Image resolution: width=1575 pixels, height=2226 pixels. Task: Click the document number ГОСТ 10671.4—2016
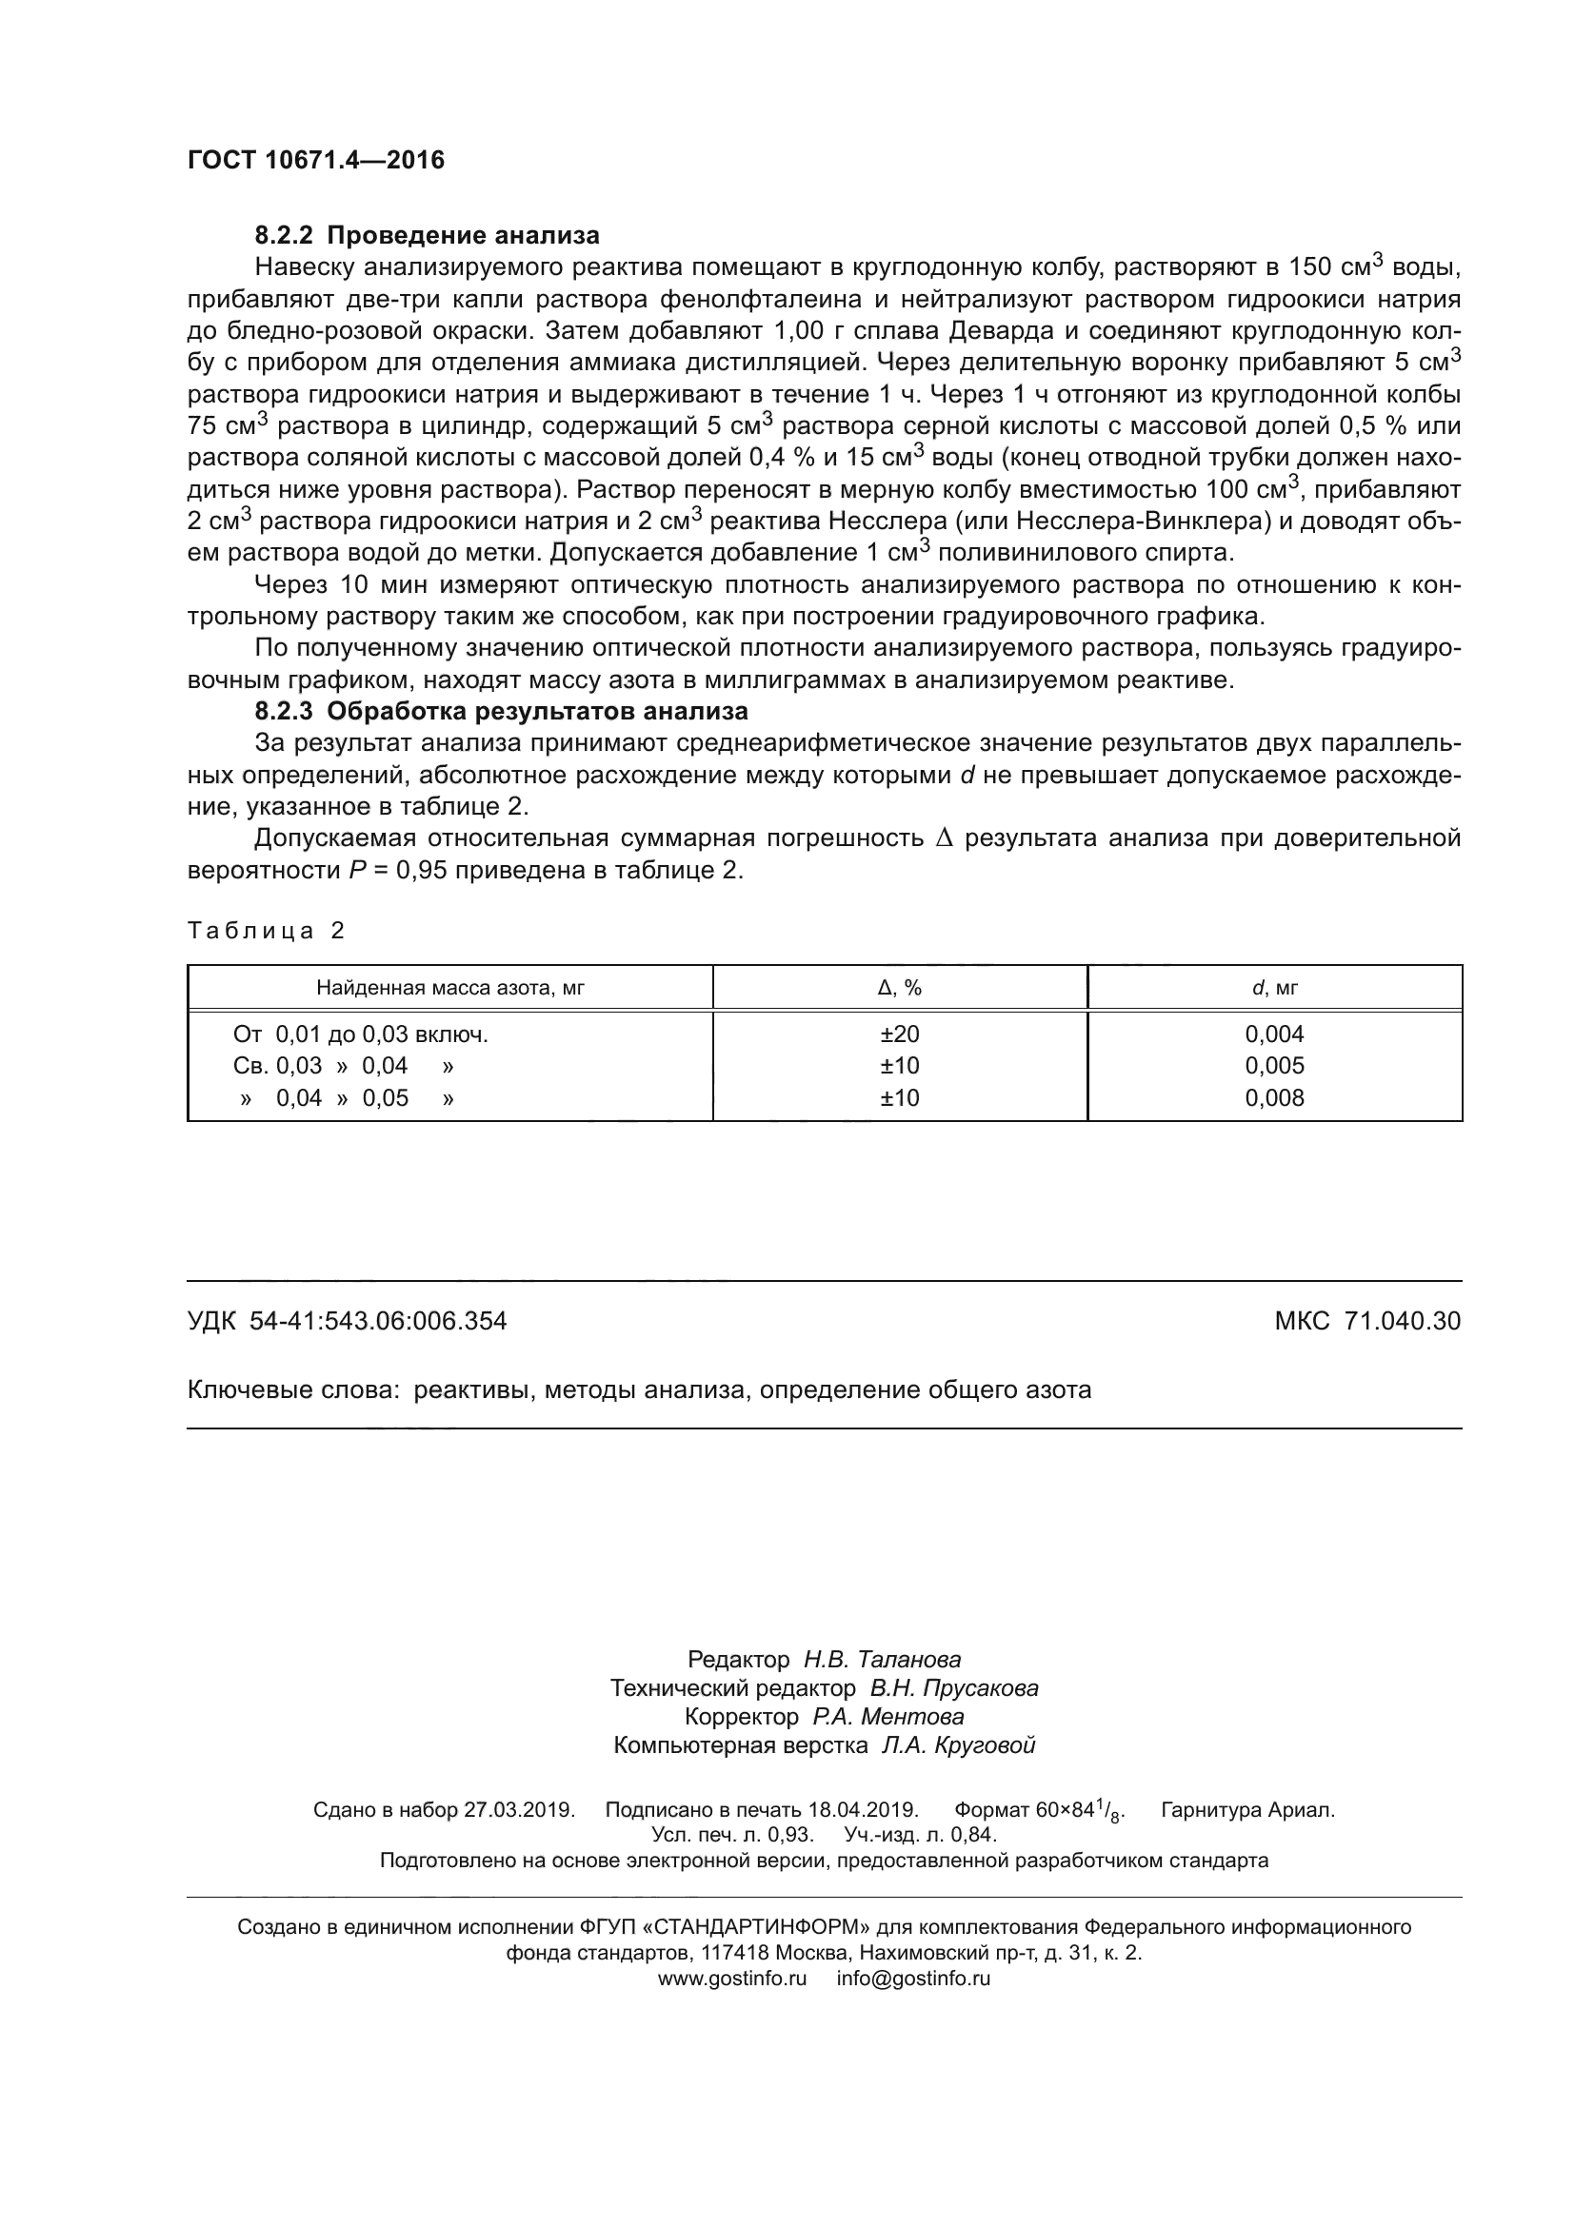pos(315,160)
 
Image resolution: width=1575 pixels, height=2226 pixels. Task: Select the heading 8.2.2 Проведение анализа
pos(427,236)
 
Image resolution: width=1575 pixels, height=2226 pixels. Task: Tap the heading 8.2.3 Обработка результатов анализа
pos(502,712)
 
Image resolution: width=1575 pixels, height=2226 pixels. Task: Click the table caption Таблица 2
pos(266,931)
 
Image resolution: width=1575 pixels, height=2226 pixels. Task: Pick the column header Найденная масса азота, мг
pos(450,988)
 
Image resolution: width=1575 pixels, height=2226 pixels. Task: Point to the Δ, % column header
pos(899,988)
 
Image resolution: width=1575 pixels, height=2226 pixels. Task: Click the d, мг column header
pos(1274,988)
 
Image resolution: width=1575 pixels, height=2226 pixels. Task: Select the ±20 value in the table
pos(899,1034)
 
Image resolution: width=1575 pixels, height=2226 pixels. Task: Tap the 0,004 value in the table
pos(1274,1034)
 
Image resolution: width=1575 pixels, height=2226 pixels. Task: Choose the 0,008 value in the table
pos(1274,1098)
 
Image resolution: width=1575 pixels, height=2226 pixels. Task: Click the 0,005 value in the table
pos(1274,1067)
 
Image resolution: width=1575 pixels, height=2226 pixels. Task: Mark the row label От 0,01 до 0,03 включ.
pos(361,1034)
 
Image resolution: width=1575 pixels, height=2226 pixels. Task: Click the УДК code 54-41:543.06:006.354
pos(378,1322)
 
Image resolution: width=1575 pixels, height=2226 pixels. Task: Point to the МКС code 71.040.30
pos(1403,1322)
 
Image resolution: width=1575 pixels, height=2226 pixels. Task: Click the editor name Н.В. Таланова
pos(882,1660)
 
